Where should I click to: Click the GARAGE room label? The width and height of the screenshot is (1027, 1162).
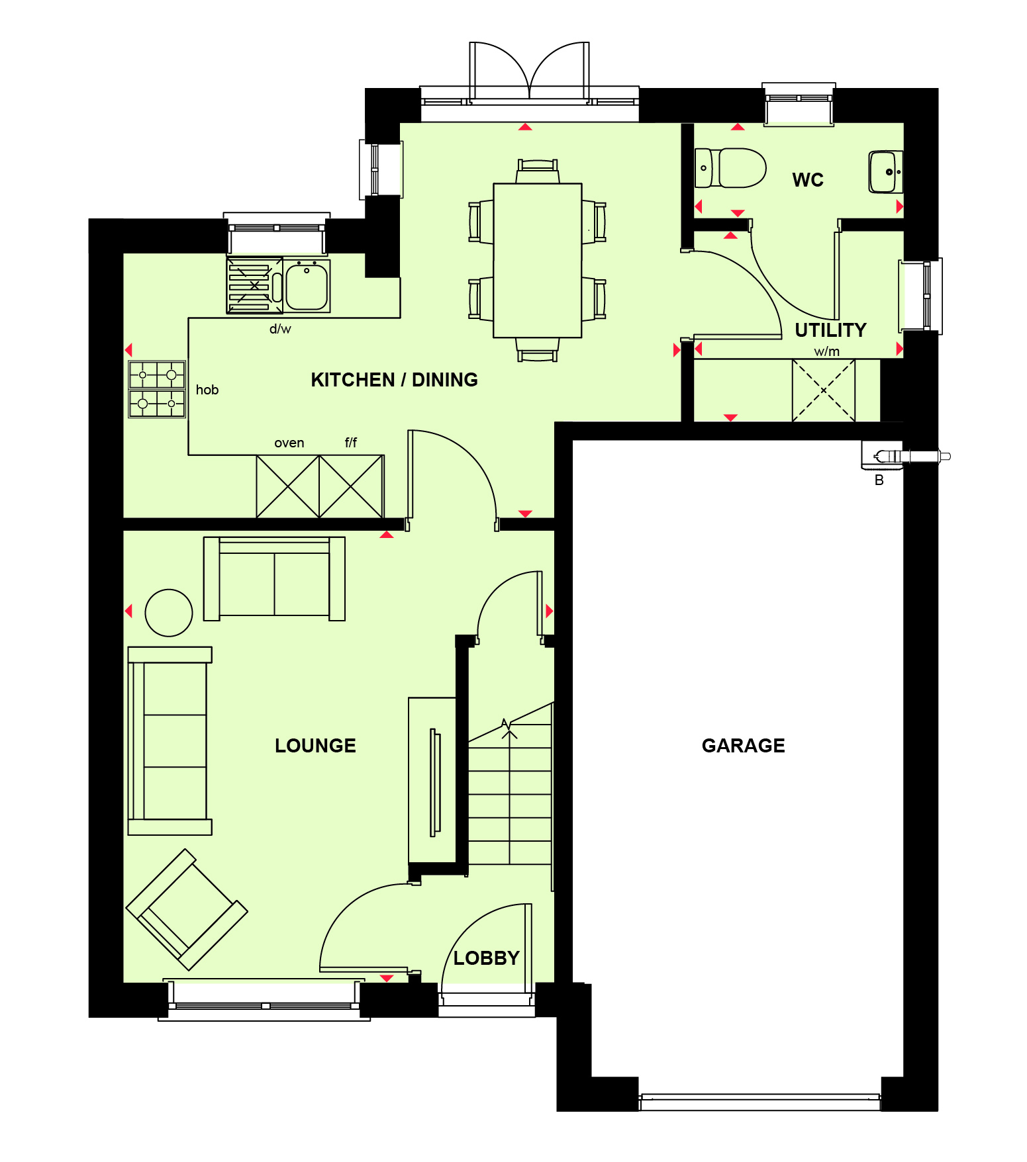click(743, 746)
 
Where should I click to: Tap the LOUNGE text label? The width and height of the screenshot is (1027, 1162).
click(315, 746)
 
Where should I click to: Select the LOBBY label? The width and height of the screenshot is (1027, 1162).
click(486, 958)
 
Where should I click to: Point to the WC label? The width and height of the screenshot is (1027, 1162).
click(808, 180)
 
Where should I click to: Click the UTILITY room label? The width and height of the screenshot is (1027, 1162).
click(830, 330)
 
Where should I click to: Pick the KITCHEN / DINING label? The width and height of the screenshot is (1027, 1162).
click(394, 380)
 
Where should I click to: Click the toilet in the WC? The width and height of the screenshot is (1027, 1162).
click(730, 168)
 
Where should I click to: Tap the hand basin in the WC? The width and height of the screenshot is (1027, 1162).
click(886, 172)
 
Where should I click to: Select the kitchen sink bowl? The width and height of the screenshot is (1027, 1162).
click(307, 286)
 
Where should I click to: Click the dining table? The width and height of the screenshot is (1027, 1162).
click(538, 260)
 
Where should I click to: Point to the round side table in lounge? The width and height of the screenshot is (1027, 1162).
click(169, 613)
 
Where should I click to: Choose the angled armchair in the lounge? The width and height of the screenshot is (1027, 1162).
click(187, 910)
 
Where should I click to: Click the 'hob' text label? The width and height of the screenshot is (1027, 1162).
click(207, 390)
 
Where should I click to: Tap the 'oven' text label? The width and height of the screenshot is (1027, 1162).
click(289, 443)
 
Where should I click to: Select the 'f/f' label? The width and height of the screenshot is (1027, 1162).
click(351, 442)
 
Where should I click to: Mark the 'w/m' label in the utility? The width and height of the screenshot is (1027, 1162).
click(827, 351)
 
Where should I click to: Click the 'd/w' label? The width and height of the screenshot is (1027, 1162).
click(280, 329)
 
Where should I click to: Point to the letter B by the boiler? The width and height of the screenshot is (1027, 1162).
click(879, 480)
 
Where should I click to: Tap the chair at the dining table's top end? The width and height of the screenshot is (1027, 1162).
click(538, 171)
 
